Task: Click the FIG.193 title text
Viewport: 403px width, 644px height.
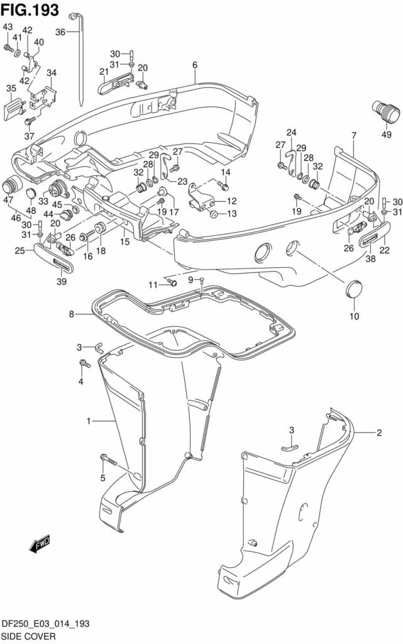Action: (30, 9)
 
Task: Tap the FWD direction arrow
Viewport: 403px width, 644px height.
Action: (40, 545)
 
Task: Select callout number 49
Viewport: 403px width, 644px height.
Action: (385, 133)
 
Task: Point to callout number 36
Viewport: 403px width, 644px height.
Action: (60, 32)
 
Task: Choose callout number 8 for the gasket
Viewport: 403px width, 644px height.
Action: (72, 313)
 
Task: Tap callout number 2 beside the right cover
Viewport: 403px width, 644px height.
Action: (379, 433)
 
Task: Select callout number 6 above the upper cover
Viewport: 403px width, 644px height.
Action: (195, 65)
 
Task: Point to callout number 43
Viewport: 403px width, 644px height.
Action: (8, 26)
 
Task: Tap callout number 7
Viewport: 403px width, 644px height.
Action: (354, 135)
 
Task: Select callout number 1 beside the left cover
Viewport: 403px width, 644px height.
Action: (89, 420)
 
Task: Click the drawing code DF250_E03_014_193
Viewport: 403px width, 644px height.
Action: (45, 623)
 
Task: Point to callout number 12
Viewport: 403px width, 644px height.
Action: (232, 202)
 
